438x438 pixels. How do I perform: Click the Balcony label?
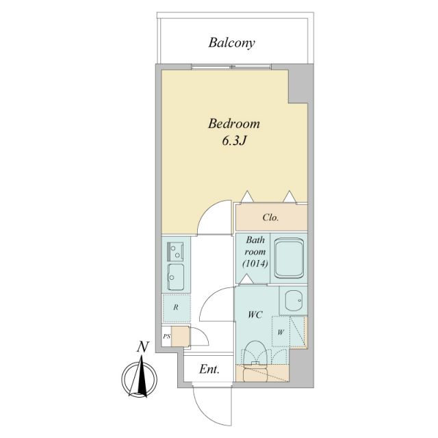click(231, 43)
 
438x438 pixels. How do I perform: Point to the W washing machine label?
click(281, 333)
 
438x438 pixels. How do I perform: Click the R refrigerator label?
click(176, 307)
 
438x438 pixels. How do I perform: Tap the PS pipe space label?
click(166, 337)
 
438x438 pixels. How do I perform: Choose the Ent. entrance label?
click(209, 370)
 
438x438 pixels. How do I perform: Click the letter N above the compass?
click(142, 347)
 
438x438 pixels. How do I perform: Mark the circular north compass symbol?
click(141, 378)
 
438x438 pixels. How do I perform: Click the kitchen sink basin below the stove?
click(176, 276)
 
